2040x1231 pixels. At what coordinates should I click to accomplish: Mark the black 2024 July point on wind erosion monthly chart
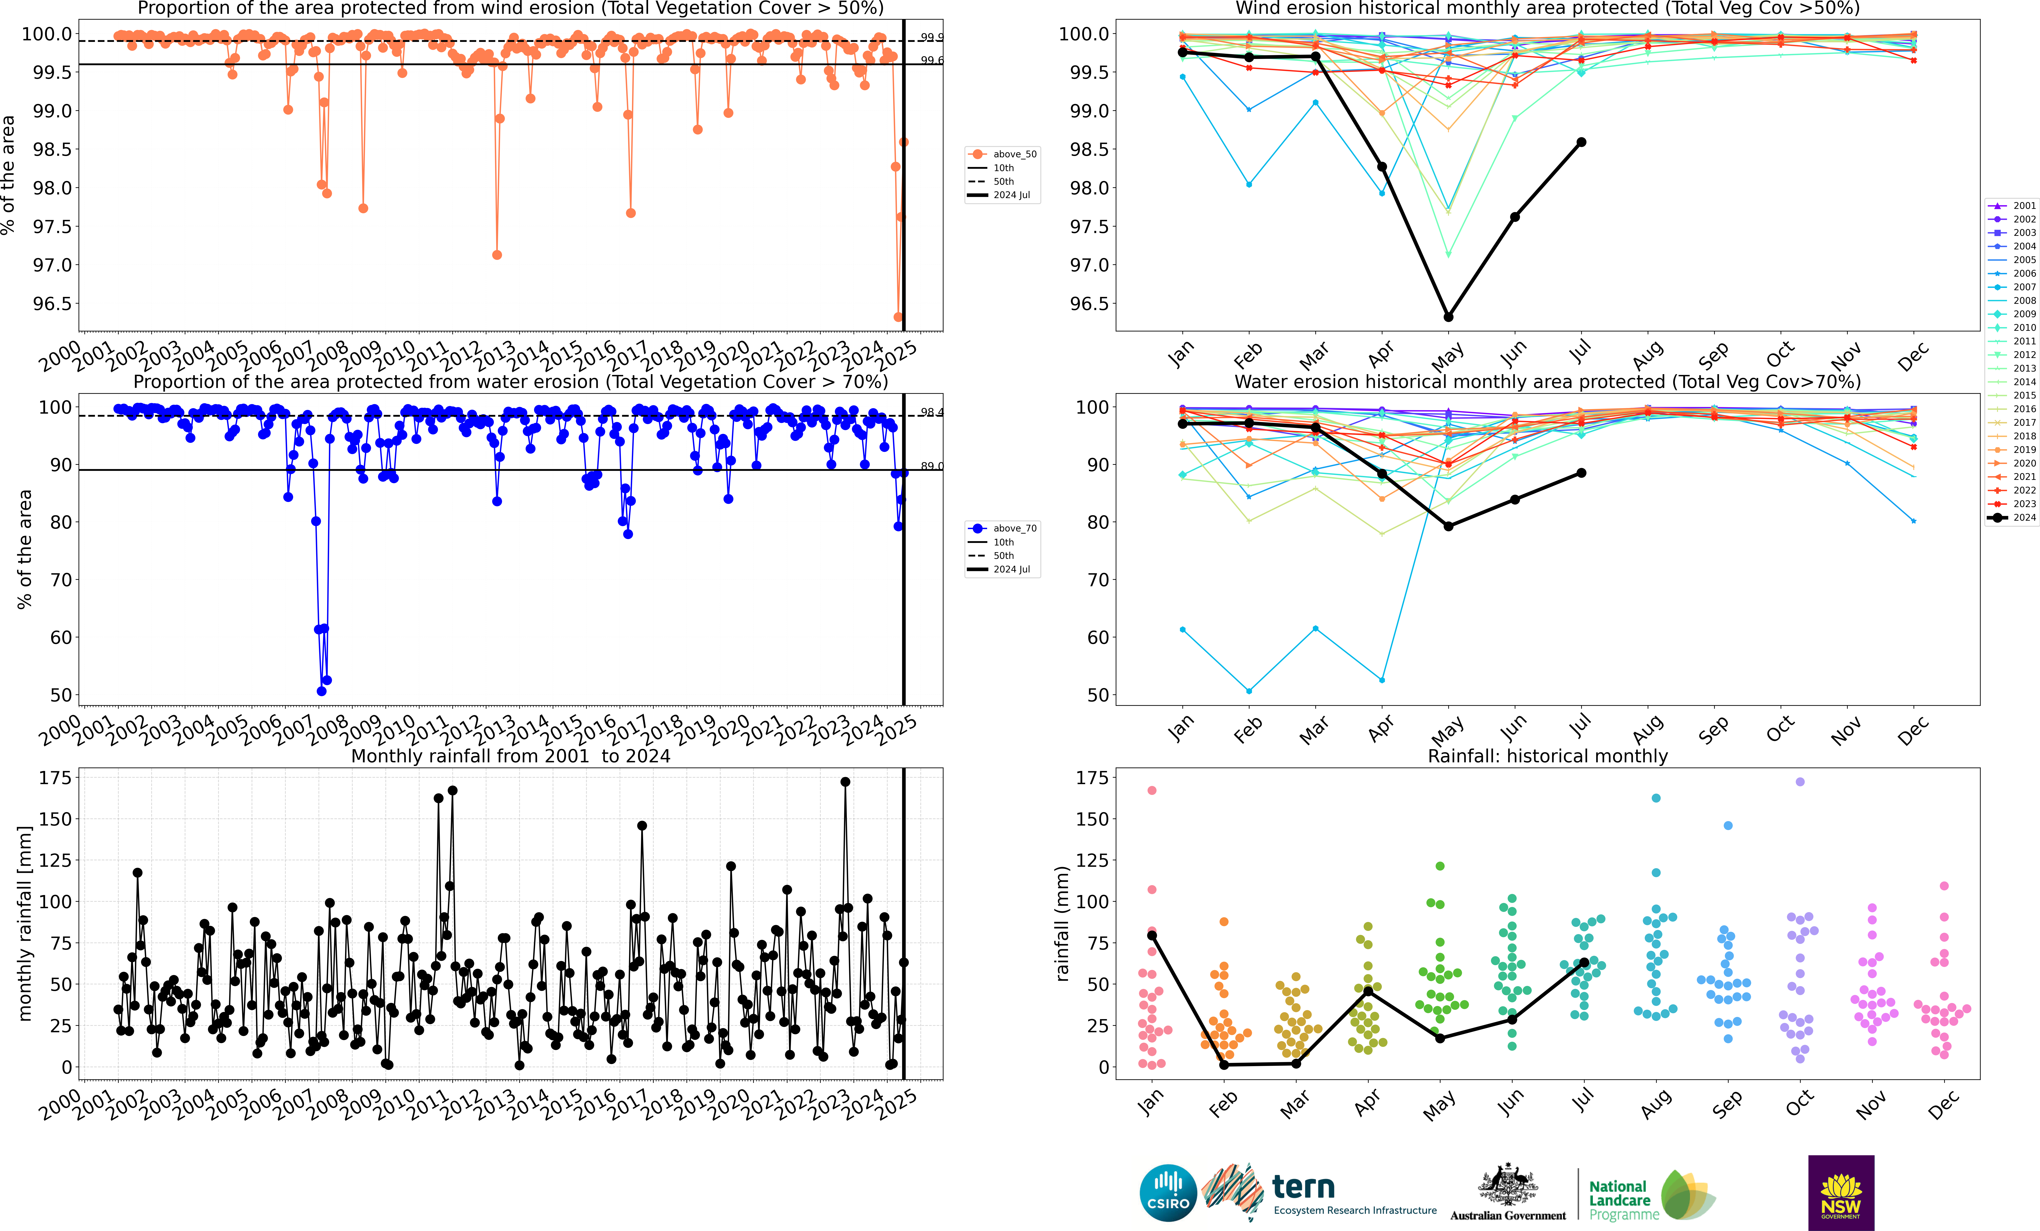pyautogui.click(x=1581, y=142)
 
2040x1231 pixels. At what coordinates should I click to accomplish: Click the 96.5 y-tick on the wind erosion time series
pyautogui.click(x=52, y=304)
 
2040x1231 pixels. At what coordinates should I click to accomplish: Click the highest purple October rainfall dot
pyautogui.click(x=1800, y=782)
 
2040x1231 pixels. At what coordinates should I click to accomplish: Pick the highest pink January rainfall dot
pyautogui.click(x=1152, y=791)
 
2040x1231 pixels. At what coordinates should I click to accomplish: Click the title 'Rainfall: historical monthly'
pyautogui.click(x=1547, y=756)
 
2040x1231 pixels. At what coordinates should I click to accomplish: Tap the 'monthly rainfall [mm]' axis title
pyautogui.click(x=25, y=923)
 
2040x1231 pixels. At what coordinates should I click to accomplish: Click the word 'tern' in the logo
pyautogui.click(x=1303, y=1187)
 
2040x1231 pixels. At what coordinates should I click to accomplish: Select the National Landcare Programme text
pyautogui.click(x=1623, y=1200)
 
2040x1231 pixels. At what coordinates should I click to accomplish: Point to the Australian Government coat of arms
pyautogui.click(x=1508, y=1185)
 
